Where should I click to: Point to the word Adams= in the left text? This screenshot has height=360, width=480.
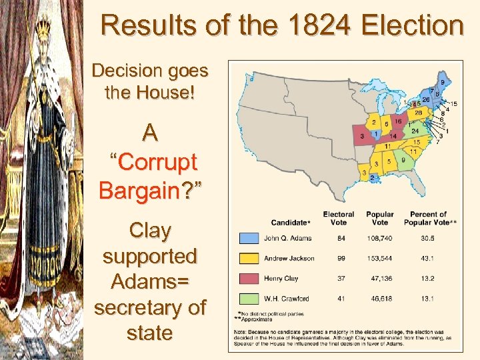pos(149,281)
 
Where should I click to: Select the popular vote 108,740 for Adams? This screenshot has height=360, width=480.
pos(379,238)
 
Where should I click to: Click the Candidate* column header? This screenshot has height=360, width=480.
pos(291,222)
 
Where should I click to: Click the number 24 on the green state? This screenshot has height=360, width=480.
pos(415,131)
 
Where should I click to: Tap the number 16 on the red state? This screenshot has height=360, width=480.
pos(397,122)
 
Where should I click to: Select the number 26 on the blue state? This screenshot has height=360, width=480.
pos(425,100)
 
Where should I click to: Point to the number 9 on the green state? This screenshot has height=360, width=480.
pos(403,160)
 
